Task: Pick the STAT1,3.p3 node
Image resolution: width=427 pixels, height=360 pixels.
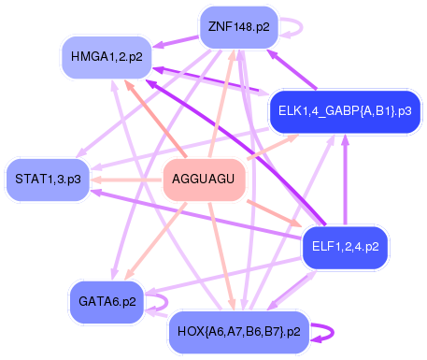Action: pyautogui.click(x=48, y=178)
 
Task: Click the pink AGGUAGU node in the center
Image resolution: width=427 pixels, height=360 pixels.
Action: pyautogui.click(x=205, y=179)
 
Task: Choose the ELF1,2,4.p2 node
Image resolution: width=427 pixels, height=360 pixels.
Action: pyautogui.click(x=346, y=248)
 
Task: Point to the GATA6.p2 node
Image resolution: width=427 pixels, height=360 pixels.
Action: pyautogui.click(x=107, y=301)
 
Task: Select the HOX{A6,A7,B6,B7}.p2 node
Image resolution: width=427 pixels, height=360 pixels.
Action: pyautogui.click(x=237, y=331)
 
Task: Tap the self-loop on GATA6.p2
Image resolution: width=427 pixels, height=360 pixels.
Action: pyautogui.click(x=160, y=301)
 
